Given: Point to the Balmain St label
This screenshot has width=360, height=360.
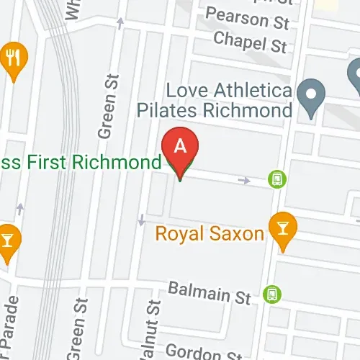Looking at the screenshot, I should pos(208,292).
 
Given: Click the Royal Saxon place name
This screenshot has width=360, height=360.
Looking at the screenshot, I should pos(210,234).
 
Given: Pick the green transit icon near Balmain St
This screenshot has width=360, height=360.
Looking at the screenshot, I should pos(271,294).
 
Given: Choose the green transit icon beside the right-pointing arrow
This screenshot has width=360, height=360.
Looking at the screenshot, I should pos(275,179).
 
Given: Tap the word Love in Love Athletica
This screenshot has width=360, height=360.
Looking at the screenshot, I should pos(184,92).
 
